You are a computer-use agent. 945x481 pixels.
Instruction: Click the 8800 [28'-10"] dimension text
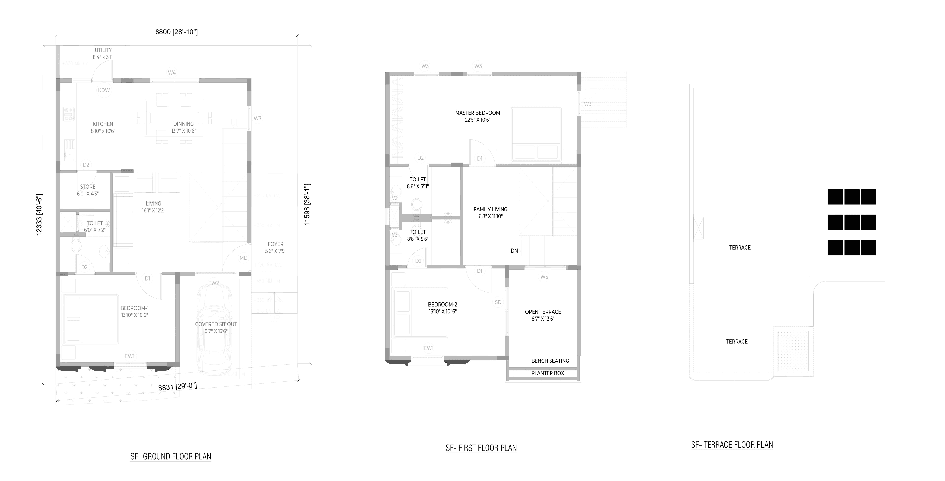pos(176,32)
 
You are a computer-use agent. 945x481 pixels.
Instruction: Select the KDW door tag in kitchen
pos(104,90)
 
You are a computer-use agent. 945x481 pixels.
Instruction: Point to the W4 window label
pos(172,73)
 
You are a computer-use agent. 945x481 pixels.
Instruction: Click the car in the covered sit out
pos(214,326)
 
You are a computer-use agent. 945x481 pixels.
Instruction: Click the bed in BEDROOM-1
pos(91,319)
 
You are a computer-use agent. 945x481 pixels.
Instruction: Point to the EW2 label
pos(214,283)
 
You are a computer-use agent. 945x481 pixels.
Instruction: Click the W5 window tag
pos(544,277)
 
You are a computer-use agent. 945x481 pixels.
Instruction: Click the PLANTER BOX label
pos(547,373)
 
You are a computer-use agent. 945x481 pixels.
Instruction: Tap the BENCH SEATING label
pos(550,361)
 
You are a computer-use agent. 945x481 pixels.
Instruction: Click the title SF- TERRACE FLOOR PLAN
pos(732,445)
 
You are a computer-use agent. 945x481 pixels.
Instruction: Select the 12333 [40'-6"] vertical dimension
pos(39,214)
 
